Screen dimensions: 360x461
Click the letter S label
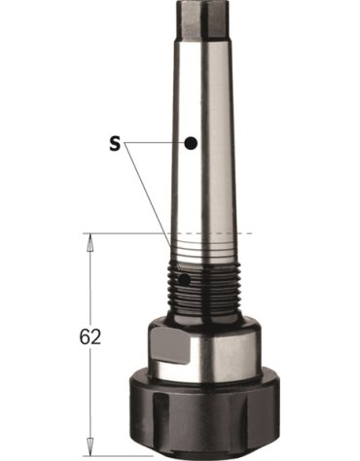tap(115, 143)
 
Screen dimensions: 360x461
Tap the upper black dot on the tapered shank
tap(191, 143)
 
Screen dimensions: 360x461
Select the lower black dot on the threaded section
tap(185, 280)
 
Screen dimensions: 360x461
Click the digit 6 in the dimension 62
tap(85, 337)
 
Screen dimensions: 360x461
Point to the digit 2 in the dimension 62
tap(95, 337)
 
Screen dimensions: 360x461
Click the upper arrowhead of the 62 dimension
tap(90, 243)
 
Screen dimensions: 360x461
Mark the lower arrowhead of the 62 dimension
tap(90, 446)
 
